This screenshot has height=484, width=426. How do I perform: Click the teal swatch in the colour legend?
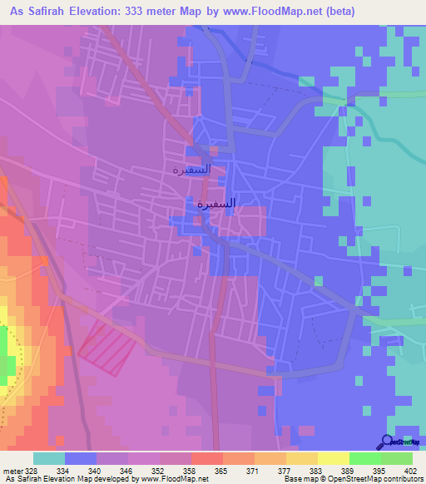[x=49, y=459]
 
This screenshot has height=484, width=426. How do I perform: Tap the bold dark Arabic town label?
[x=215, y=203]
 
